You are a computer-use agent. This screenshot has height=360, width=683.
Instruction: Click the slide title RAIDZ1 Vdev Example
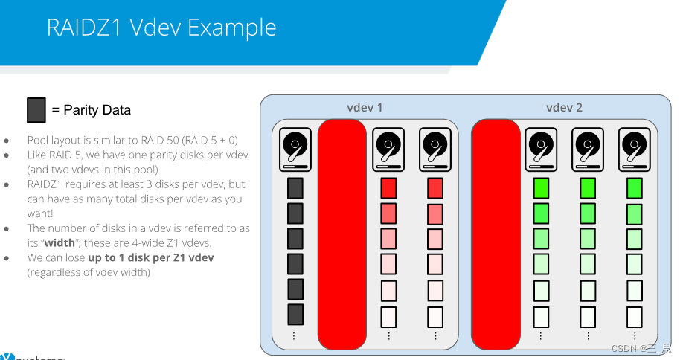click(161, 28)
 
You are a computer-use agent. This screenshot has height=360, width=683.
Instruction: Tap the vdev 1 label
click(365, 108)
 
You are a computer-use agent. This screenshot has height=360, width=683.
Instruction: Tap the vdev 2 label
click(564, 108)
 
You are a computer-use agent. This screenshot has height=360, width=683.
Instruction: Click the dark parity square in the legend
click(36, 109)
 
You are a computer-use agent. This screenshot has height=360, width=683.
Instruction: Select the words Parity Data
click(97, 110)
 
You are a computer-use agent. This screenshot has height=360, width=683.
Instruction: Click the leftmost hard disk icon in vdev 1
click(295, 150)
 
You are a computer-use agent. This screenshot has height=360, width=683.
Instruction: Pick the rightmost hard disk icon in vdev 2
click(634, 150)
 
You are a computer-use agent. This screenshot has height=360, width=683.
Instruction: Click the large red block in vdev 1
click(342, 234)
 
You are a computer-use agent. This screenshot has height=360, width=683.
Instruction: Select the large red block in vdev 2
click(496, 234)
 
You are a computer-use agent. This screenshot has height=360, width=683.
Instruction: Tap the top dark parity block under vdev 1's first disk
click(295, 188)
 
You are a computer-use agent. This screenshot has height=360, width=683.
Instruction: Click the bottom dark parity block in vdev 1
click(295, 315)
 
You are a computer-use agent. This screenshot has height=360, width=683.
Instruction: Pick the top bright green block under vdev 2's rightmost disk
click(634, 188)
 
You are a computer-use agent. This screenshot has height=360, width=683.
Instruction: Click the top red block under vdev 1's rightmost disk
click(435, 188)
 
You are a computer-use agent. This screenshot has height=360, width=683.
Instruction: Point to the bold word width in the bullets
click(60, 243)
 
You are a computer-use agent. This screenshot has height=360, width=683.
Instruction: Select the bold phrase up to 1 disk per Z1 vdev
click(151, 257)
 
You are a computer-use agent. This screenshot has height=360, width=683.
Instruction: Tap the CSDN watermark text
click(641, 348)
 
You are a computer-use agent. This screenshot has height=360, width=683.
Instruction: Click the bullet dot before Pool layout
click(7, 141)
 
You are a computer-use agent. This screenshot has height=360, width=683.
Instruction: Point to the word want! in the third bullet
click(40, 213)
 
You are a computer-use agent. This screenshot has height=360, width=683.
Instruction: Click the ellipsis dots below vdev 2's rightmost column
click(635, 336)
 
